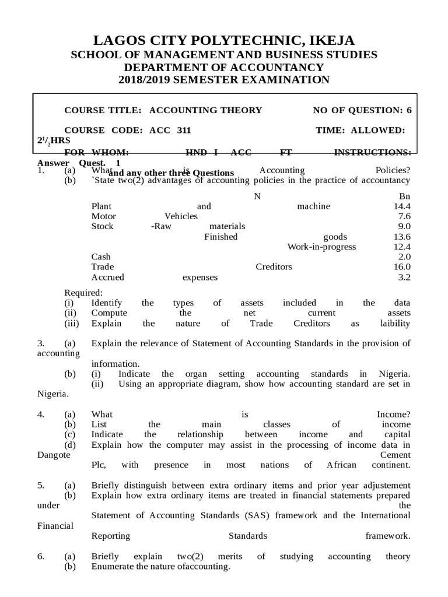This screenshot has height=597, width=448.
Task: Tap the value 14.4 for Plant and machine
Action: coord(402,206)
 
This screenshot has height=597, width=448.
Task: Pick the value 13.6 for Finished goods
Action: coord(402,237)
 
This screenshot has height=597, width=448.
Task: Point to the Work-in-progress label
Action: coord(321,247)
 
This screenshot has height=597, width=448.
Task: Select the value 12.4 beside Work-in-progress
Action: coord(402,247)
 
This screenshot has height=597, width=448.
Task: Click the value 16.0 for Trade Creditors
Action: coord(402,267)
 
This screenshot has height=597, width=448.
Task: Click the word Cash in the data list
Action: coord(101,257)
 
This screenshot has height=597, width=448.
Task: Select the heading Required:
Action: coord(83,293)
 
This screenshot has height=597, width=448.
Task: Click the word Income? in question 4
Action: coord(394,414)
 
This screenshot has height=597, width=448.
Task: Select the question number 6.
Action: coord(41,557)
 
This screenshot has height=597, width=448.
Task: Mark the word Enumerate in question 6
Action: coord(111,567)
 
